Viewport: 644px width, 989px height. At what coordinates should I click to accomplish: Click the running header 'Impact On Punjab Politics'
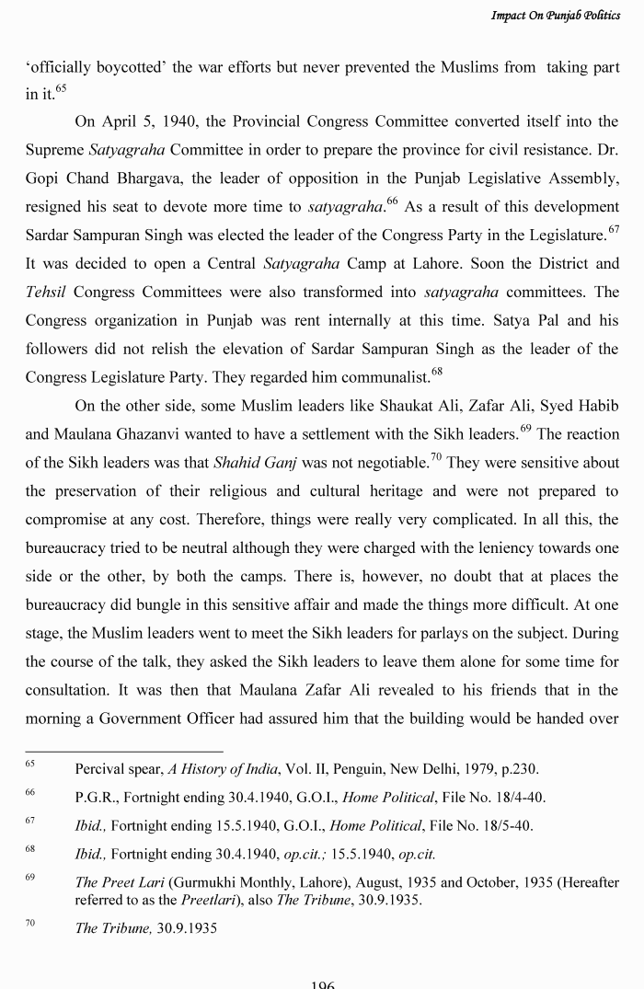(555, 15)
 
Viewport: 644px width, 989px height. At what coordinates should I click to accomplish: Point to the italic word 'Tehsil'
(45, 292)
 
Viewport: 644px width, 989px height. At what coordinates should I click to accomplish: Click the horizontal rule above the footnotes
(124, 752)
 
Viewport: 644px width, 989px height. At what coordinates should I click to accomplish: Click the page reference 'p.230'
(518, 769)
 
